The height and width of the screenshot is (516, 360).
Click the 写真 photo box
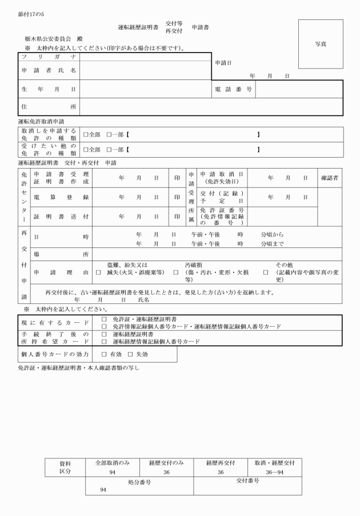321,43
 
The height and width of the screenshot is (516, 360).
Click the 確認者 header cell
330,178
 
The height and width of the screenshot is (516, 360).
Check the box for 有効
104,354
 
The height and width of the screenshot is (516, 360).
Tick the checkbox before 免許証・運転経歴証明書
104,319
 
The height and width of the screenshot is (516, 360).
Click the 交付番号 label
247,481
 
